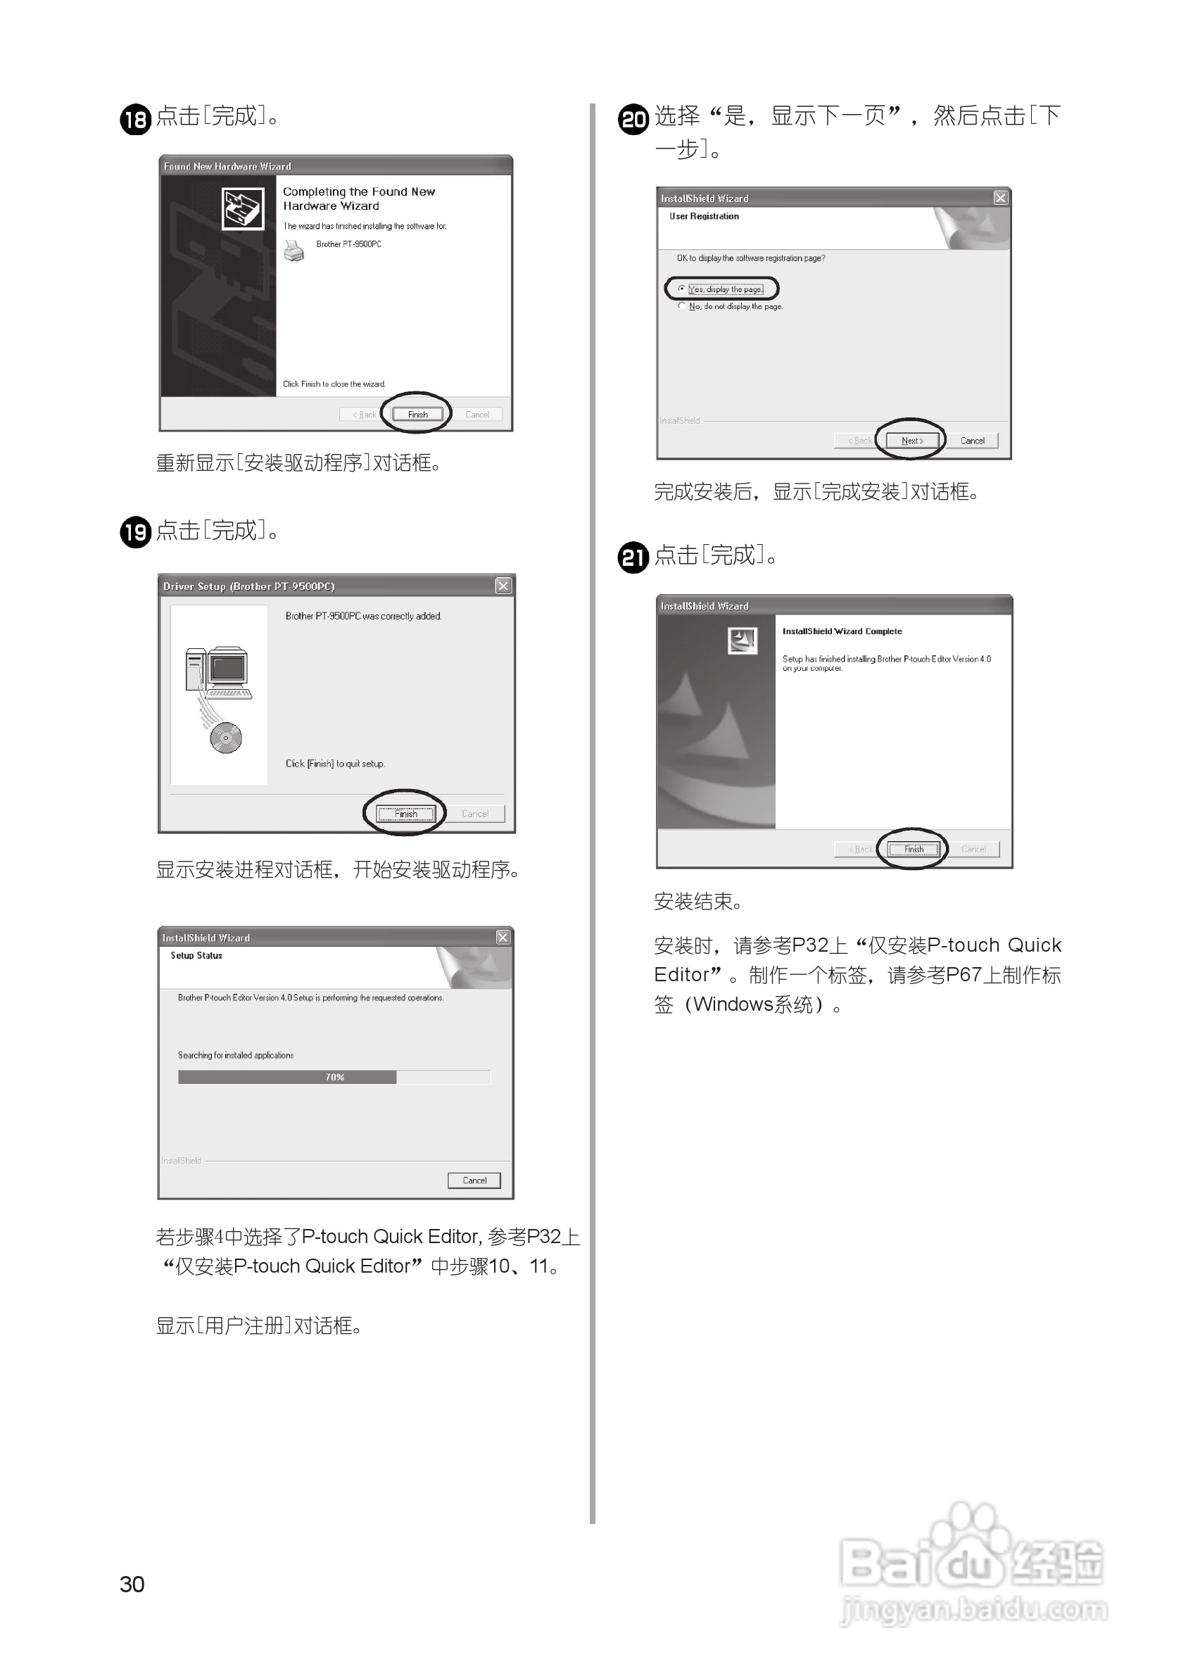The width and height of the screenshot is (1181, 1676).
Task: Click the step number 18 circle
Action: tap(135, 119)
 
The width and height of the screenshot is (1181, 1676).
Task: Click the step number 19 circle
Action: tap(135, 531)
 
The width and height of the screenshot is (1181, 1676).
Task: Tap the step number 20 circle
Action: tap(633, 119)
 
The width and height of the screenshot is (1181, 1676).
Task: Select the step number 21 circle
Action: tap(633, 557)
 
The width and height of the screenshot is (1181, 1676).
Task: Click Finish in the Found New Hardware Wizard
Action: tap(417, 414)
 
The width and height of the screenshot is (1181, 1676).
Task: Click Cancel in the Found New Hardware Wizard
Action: tap(477, 414)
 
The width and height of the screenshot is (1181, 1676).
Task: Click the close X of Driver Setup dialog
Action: tap(503, 586)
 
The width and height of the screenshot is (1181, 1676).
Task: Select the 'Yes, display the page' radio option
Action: tap(682, 289)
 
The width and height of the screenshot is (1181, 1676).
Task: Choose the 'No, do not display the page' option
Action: tap(682, 306)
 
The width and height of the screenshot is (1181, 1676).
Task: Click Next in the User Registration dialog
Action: tap(911, 440)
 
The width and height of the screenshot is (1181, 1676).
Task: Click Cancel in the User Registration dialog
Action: tap(972, 440)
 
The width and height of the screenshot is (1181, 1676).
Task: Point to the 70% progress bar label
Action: tap(335, 1077)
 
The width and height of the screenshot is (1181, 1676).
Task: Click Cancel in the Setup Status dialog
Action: tap(474, 1180)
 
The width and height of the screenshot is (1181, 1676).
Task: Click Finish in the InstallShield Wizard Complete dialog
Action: tap(913, 849)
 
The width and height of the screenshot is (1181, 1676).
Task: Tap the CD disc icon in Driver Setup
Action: tap(225, 738)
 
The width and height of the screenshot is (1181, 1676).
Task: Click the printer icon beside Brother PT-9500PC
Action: tap(293, 251)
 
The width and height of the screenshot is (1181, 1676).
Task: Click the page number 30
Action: tap(132, 1584)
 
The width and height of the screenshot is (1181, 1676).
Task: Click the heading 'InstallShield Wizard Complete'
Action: tap(842, 631)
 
